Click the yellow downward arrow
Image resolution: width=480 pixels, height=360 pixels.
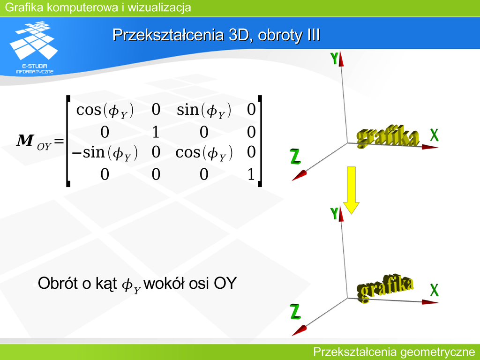[x=351, y=190]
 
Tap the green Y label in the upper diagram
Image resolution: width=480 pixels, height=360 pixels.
[x=334, y=58]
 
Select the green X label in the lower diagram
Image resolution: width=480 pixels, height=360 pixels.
[x=434, y=290]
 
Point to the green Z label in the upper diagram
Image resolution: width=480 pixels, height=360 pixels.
[x=295, y=157]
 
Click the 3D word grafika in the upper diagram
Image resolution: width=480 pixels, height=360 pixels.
[x=388, y=136]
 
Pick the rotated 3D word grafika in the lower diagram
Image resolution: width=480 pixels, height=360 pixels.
[x=385, y=287]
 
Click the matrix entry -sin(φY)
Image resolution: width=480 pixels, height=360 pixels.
[x=105, y=152]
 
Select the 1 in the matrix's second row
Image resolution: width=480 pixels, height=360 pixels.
[x=156, y=132]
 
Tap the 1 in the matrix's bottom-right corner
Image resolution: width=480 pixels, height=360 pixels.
[x=251, y=174]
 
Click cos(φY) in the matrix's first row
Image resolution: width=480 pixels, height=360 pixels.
[x=105, y=110]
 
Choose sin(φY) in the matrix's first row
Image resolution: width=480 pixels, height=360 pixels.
[x=204, y=110]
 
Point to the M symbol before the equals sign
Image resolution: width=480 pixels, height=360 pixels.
[x=25, y=141]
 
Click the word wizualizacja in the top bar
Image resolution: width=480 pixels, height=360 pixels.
[x=159, y=7]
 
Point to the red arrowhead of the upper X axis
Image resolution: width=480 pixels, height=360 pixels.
[x=430, y=147]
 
